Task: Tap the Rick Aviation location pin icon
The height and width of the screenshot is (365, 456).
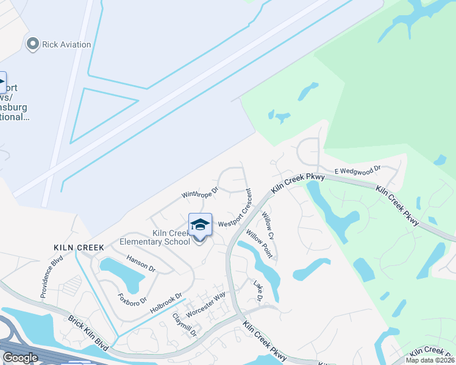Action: tap(33, 44)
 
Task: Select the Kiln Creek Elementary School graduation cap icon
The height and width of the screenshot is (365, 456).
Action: tap(200, 225)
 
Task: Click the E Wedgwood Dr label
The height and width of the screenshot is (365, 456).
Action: tap(357, 170)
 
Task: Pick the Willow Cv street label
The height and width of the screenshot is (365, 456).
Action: tap(268, 225)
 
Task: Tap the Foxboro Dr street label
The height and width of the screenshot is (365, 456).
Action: tap(132, 292)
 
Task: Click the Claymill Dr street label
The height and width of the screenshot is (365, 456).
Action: tap(185, 325)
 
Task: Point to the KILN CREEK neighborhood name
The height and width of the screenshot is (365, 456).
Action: tap(79, 248)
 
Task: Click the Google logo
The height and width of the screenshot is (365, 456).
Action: tap(20, 358)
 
